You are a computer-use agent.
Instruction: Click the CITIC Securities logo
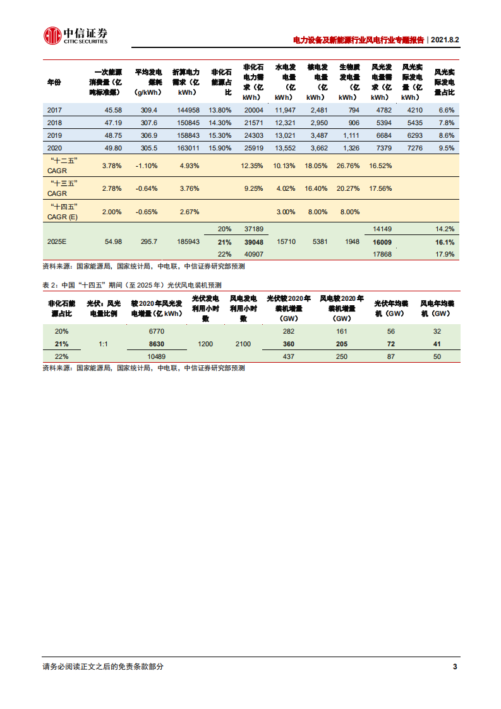[x=75, y=35]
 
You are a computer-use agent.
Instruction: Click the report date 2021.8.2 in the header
[x=444, y=39]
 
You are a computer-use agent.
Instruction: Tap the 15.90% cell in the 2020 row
[x=220, y=148]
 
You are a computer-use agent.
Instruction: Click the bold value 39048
[x=253, y=241]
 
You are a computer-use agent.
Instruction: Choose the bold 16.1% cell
[x=445, y=241]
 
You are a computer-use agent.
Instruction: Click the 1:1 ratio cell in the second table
[x=107, y=344]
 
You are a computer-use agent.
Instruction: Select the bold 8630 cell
[x=155, y=344]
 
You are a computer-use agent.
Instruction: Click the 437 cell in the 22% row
[x=288, y=356]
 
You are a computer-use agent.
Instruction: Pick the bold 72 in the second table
[x=390, y=344]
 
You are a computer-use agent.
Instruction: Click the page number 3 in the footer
[x=455, y=667]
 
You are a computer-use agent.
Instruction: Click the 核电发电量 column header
[x=317, y=82]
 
